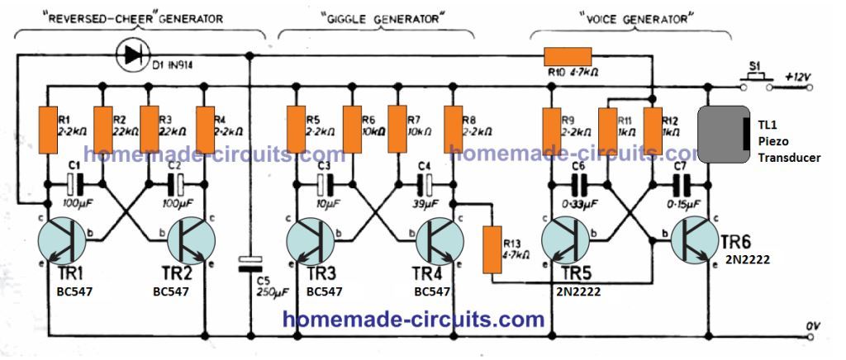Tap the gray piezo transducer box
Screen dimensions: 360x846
[x=725, y=137]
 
